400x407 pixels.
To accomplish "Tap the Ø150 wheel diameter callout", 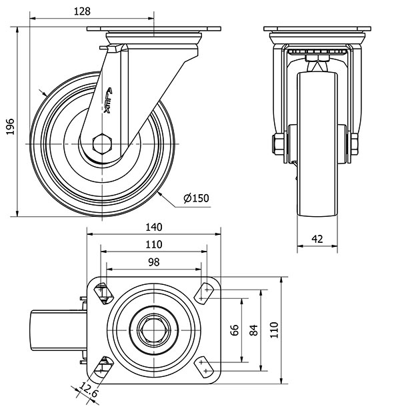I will pyautogui.click(x=196, y=198).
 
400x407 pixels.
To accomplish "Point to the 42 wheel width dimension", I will pyautogui.click(x=318, y=238).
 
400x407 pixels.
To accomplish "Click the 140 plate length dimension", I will pyautogui.click(x=154, y=227).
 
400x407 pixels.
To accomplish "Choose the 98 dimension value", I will pyautogui.click(x=153, y=262).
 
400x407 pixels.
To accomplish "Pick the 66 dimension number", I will pyautogui.click(x=234, y=330).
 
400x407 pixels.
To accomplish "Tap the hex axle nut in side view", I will pyautogui.click(x=102, y=144).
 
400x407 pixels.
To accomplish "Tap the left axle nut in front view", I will pyautogui.click(x=277, y=143).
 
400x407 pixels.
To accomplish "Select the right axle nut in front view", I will pyautogui.click(x=353, y=143).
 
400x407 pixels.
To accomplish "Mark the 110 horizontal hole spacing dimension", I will pyautogui.click(x=153, y=244).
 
